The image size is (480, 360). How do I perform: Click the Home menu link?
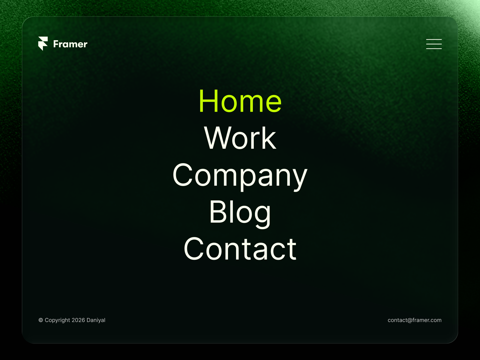tap(240, 101)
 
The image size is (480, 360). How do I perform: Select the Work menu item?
tap(240, 138)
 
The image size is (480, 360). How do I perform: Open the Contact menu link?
tap(240, 249)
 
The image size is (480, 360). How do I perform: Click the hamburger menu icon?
tap(434, 44)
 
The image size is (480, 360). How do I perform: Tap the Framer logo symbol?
tap(43, 43)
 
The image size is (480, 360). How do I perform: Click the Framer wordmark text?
tap(70, 44)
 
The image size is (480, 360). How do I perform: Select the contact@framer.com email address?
tap(415, 320)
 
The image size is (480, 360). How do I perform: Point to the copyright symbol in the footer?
tap(41, 320)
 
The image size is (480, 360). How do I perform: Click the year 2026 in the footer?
tap(78, 320)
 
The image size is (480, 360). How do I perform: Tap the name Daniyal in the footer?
tap(96, 320)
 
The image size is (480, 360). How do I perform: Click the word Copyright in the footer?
tap(57, 320)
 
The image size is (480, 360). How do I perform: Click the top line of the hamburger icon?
tap(434, 39)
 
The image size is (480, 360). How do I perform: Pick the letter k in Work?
tap(269, 138)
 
